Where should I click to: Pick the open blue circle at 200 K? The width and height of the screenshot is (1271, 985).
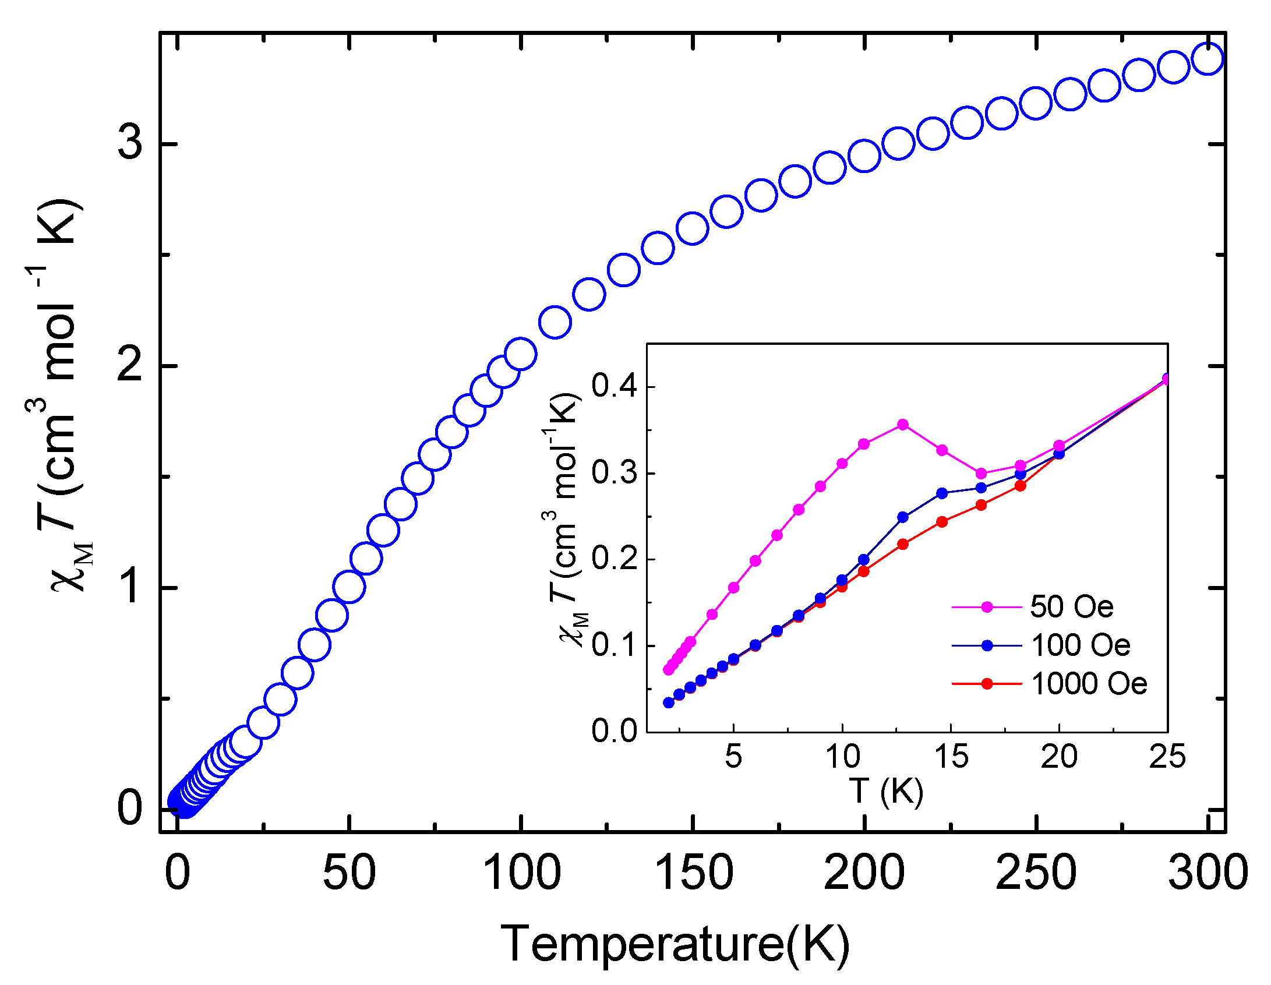click(x=864, y=156)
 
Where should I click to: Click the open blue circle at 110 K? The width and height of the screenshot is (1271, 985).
click(x=555, y=322)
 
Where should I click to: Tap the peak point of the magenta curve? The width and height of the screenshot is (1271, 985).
click(x=903, y=424)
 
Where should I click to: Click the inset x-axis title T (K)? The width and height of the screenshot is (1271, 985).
click(x=886, y=791)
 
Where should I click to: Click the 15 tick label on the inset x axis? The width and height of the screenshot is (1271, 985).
click(x=951, y=757)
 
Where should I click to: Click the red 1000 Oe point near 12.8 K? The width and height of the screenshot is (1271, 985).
click(x=903, y=544)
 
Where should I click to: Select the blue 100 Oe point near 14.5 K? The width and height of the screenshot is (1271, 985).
click(x=942, y=493)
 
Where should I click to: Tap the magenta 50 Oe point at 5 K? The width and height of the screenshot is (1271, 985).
click(x=733, y=587)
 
